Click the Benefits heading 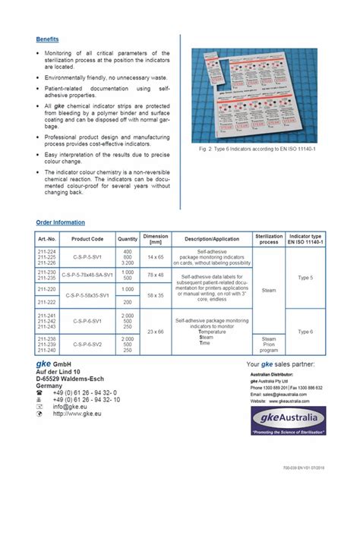47,39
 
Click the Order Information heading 60,222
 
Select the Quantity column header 128,239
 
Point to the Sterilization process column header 269,238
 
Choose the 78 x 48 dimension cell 156,275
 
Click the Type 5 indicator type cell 305,279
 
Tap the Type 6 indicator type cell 305,332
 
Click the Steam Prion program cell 269,345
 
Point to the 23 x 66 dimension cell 156,332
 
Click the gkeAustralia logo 288,421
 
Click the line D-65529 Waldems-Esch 69,379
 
